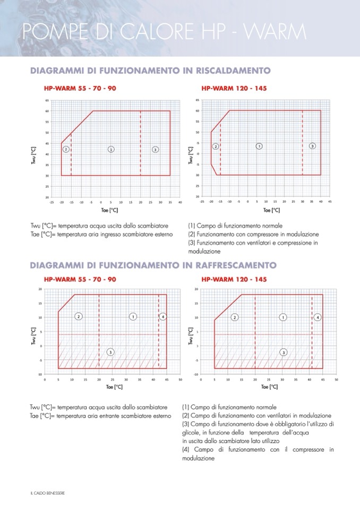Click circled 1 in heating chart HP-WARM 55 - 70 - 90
pos(111,150)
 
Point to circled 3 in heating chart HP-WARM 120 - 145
pos(312,146)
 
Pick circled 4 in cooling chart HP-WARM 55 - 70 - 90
pos(163,317)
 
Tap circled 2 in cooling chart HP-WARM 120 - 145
pos(234,317)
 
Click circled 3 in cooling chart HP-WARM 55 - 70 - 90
pos(110,351)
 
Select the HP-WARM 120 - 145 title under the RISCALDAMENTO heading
pos(234,88)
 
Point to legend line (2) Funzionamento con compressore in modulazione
pos(253,234)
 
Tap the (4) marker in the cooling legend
pos(185,450)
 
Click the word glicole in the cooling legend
pos(190,433)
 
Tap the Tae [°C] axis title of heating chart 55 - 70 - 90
pos(109,210)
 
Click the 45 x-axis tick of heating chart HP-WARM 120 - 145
pos(330,202)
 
